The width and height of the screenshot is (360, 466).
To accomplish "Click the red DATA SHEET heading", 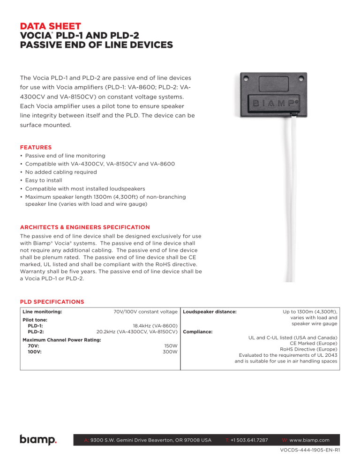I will (51, 26).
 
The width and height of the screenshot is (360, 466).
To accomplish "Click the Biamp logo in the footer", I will (38, 440).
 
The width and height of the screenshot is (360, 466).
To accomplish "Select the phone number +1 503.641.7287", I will (249, 440).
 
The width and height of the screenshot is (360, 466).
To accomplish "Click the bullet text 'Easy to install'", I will (44, 180).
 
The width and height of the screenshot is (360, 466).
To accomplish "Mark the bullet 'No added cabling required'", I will (61, 172).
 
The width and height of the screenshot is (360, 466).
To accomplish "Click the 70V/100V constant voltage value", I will (145, 311).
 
